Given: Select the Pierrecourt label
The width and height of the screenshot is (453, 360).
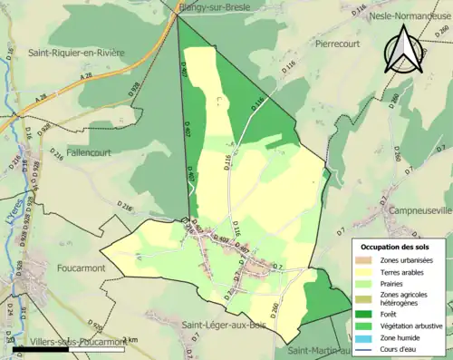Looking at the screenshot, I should pos(338,42).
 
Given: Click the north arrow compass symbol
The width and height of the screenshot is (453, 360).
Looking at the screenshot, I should pos(401,50).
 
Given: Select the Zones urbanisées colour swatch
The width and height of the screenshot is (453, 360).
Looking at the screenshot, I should pos(366,260).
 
